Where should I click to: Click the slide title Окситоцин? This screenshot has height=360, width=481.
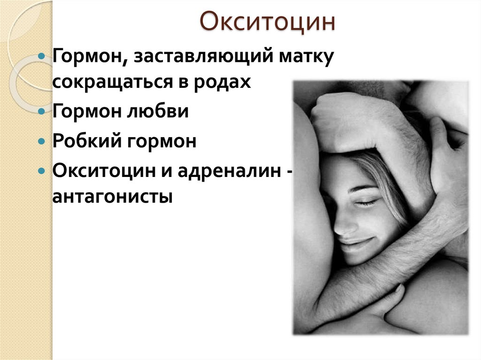(x=268, y=23)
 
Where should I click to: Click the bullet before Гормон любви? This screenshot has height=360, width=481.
(x=42, y=112)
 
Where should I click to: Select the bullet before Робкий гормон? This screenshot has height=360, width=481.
(x=42, y=141)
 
